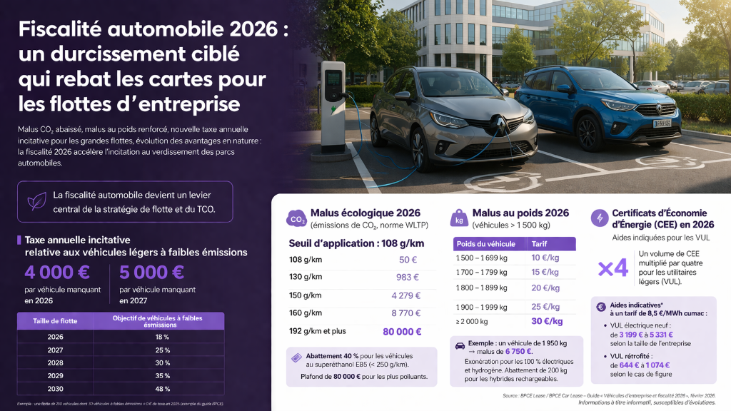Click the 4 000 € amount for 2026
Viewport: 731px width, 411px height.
point(57,272)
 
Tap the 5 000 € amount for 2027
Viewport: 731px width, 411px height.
point(152,272)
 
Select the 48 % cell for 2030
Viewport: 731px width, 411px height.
point(163,389)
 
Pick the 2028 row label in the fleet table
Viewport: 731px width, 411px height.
point(56,362)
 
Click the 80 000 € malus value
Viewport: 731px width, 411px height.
point(402,331)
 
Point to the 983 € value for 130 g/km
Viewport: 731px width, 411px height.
point(408,277)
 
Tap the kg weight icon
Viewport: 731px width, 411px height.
point(459,218)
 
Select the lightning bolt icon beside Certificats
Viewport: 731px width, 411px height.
point(599,217)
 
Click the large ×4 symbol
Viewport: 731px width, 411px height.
point(612,268)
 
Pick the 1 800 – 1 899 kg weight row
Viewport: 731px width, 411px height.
point(483,288)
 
